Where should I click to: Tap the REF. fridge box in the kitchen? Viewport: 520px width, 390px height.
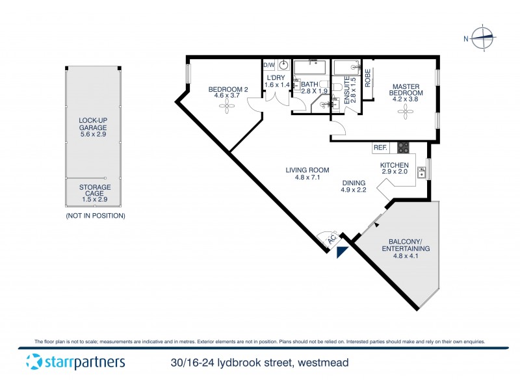coord(380,148)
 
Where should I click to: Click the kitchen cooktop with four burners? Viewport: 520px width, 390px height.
coord(403,148)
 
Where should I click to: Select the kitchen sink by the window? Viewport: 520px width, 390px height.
coord(422,172)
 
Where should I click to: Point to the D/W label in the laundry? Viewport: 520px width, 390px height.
coord(268,65)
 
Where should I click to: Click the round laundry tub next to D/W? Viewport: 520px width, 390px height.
coord(283,65)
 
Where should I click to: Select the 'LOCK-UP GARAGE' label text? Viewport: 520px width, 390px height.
coord(93,123)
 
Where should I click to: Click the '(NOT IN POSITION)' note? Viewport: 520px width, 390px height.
coord(95,215)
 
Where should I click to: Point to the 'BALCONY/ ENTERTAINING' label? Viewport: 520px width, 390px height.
coord(396,244)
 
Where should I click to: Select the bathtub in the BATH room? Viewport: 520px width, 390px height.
coord(310,67)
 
